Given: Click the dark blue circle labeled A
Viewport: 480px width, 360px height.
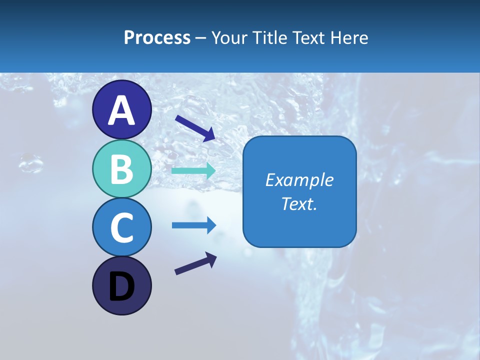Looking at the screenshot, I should [121, 109].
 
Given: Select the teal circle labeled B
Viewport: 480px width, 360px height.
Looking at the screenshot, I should [121, 169].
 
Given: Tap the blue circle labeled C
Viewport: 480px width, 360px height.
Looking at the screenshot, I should [121, 227].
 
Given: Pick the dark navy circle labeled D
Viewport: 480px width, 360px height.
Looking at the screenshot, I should [121, 285].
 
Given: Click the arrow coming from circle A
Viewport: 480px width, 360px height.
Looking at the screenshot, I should [195, 127].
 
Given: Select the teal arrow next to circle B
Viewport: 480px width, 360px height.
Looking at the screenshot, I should [193, 170].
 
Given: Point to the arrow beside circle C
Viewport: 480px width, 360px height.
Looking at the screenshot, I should [193, 225].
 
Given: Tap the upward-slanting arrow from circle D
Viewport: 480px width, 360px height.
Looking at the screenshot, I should [195, 263].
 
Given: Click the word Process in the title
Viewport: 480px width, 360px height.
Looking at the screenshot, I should [157, 37].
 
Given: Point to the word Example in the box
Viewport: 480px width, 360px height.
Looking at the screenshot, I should [299, 180].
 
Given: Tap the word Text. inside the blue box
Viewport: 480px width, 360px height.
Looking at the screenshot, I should [299, 203].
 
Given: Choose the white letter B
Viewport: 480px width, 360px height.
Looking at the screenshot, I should [121, 169].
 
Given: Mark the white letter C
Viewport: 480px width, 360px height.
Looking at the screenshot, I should [121, 227].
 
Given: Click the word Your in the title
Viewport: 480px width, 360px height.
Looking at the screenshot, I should [230, 37].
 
